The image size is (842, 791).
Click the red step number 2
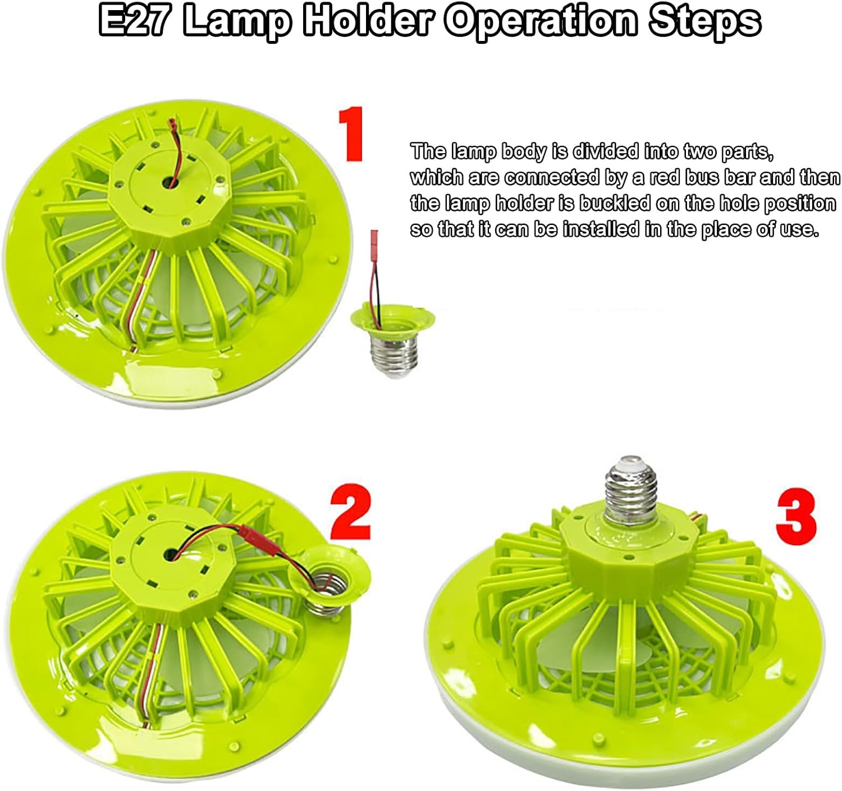[350, 512]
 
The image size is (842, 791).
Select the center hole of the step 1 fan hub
[170, 182]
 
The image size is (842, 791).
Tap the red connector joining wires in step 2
[262, 545]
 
